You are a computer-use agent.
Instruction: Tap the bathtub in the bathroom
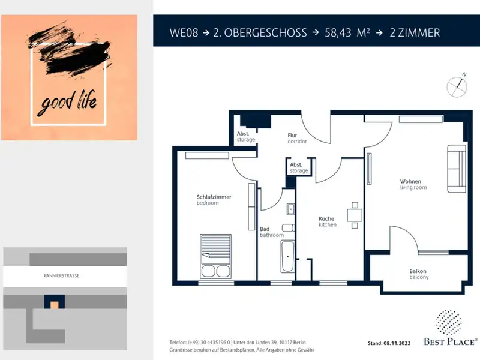pos(288,257)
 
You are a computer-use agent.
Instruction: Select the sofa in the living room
pos(457,169)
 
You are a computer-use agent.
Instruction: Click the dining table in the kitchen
pos(355,215)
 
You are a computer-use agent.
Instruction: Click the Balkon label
pos(418,271)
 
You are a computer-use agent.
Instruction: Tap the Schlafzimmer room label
pos(214,197)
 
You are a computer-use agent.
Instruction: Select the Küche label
pos(326,218)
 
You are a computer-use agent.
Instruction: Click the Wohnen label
pos(410,181)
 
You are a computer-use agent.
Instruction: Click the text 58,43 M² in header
pos(347,33)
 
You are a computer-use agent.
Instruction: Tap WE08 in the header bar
pos(184,33)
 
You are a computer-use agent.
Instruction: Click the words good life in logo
pos(67,103)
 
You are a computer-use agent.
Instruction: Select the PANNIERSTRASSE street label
pos(62,276)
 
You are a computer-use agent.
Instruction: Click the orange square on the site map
pos(55,305)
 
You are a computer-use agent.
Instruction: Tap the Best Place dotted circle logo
pos(449,322)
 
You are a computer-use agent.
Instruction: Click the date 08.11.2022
pos(397,343)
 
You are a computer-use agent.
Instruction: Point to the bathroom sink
pos(290,209)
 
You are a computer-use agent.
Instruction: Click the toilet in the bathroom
pos(288,227)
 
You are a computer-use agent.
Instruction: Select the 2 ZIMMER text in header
pos(415,33)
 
